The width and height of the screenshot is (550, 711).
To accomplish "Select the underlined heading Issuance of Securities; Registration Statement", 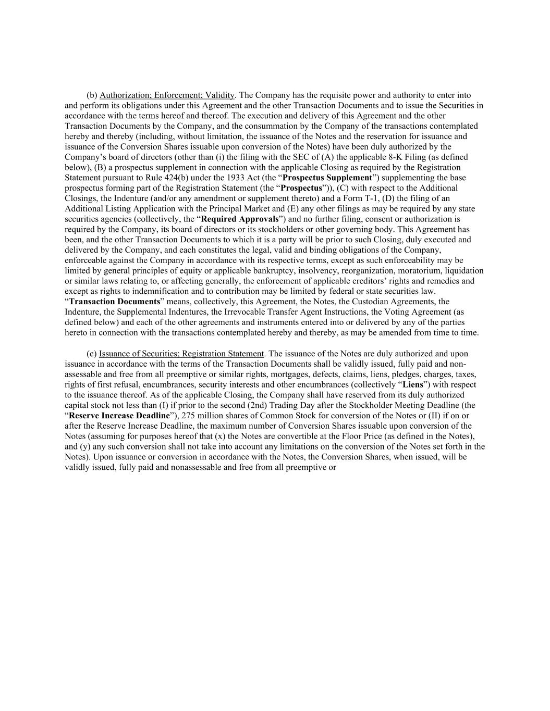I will (181, 354).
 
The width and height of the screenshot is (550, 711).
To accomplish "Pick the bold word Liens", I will (413, 384).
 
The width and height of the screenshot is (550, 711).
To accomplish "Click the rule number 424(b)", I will (172, 178).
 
